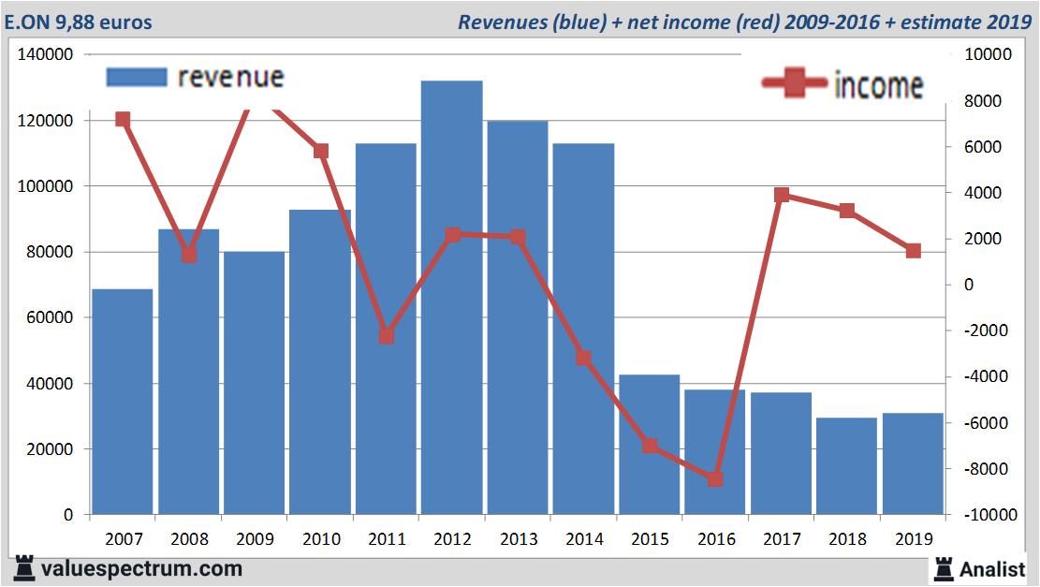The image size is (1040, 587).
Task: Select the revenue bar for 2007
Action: coord(123,402)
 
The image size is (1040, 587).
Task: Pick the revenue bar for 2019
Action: coord(913,463)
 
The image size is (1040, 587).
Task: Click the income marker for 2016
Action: coord(715,478)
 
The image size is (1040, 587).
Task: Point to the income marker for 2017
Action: coord(782,195)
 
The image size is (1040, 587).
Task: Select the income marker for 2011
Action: coord(386,336)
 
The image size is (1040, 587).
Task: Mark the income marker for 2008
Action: coord(189,255)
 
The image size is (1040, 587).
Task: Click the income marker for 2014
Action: coord(583,358)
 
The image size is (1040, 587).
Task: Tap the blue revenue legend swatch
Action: coord(136,77)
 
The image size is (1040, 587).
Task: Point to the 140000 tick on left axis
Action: coord(46,55)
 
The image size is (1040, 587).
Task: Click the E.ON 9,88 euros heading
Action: coord(78,22)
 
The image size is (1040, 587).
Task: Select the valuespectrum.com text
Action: coord(140,568)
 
